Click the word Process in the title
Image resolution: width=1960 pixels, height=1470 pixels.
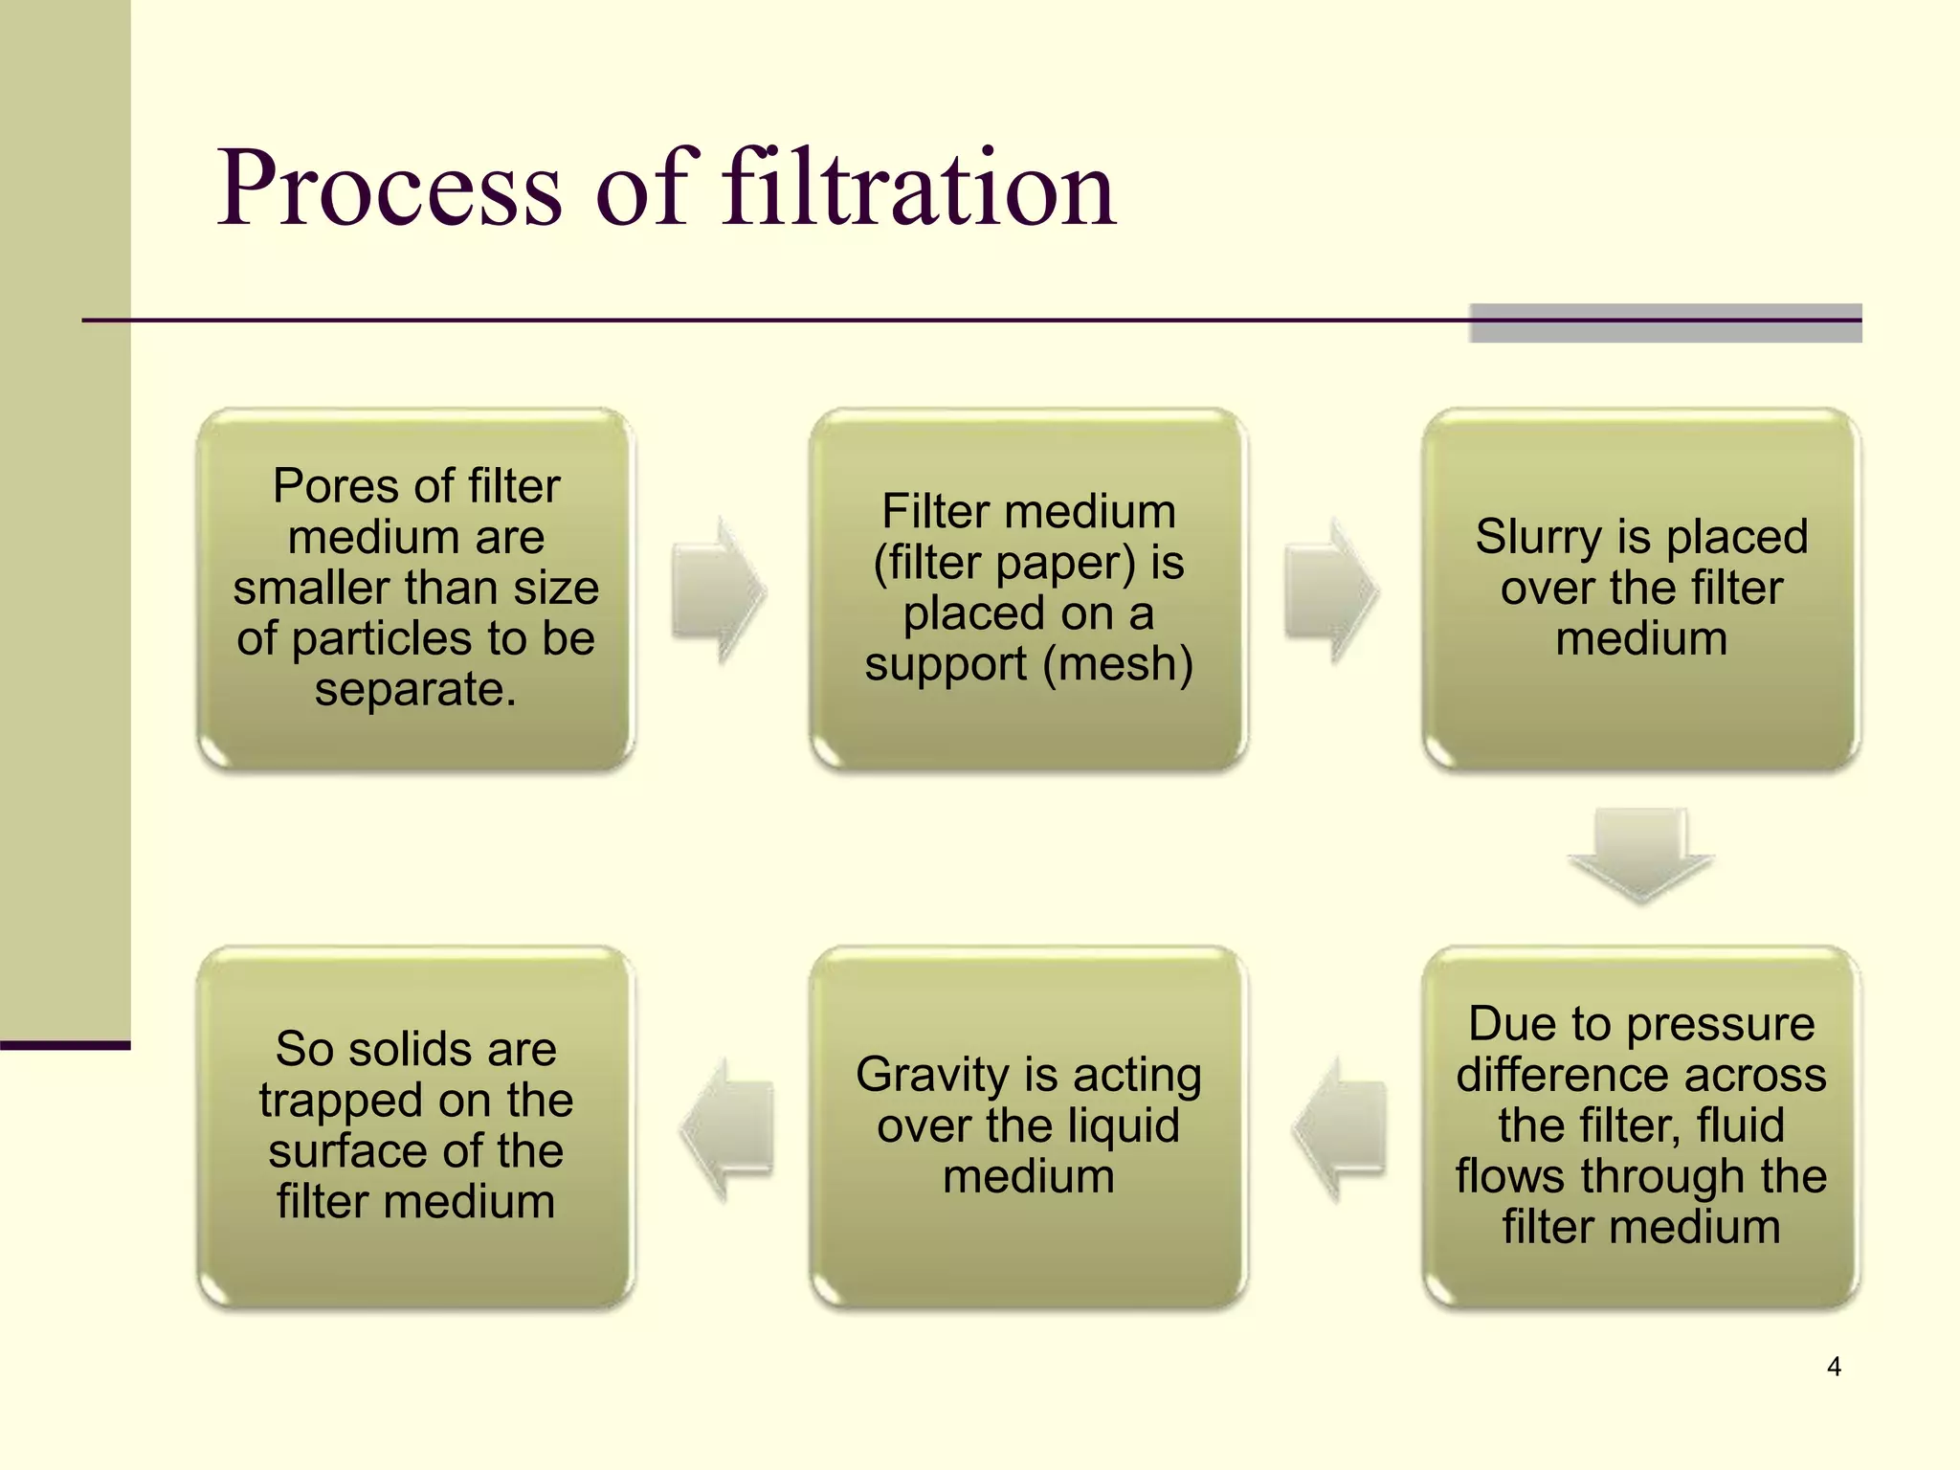390,189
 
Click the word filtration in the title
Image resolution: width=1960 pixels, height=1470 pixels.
919,189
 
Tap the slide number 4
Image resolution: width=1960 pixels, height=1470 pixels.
1834,1367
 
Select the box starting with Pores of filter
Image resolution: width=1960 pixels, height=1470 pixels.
415,588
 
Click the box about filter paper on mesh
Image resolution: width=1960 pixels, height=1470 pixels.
1028,588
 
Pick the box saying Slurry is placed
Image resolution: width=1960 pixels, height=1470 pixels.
1640,588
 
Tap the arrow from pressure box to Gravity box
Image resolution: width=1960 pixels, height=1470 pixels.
1340,1127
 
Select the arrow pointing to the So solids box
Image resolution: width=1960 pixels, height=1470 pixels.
727,1127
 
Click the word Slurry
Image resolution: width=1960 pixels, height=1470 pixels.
1537,537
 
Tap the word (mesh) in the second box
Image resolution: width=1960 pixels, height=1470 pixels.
1117,664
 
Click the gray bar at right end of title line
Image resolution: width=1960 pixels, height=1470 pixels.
1665,323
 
